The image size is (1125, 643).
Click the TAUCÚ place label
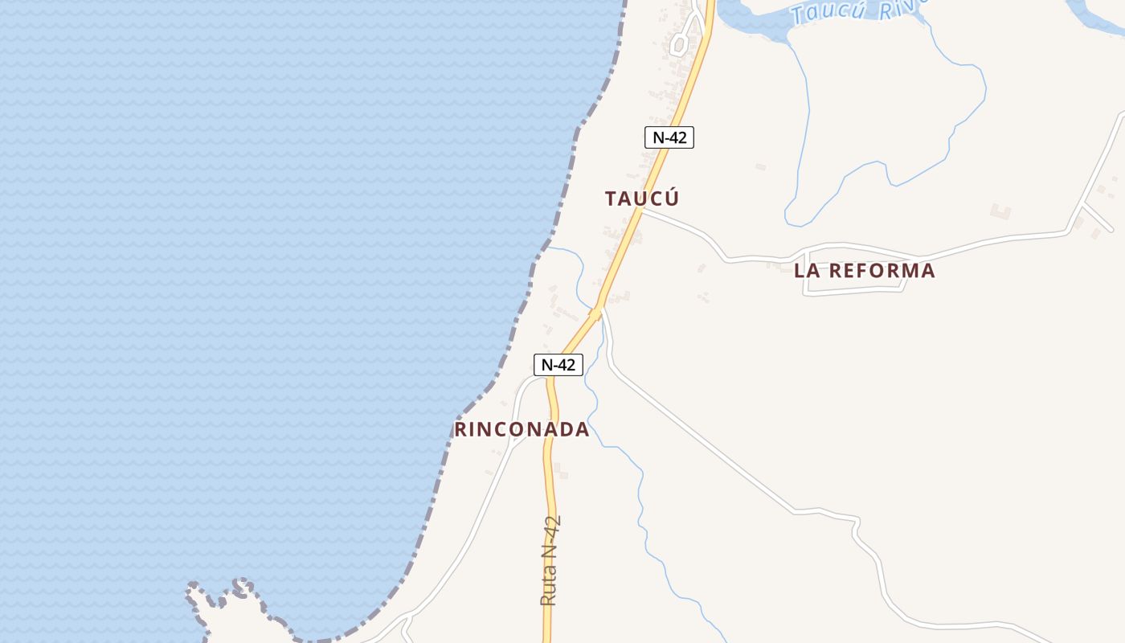click(x=642, y=199)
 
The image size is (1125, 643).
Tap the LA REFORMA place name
click(x=865, y=271)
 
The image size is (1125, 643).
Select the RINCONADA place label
click(x=522, y=429)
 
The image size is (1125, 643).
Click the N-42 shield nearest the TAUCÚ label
click(x=669, y=137)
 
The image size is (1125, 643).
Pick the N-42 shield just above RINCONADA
click(x=558, y=365)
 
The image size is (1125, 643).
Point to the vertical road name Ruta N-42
click(x=550, y=561)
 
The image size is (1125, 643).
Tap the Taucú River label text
click(x=856, y=10)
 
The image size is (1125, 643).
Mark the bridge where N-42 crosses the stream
click(x=596, y=312)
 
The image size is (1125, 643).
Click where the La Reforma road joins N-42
click(x=640, y=210)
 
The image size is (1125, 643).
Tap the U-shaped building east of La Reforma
click(x=1000, y=212)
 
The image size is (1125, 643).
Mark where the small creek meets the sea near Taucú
click(x=546, y=249)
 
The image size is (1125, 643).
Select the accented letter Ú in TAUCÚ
click(x=671, y=198)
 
